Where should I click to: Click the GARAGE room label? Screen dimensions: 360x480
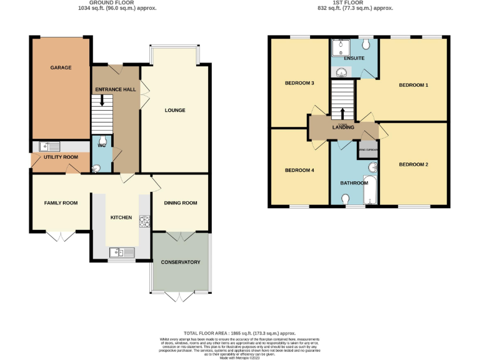pos(61,67)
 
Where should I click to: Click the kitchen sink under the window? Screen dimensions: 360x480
pos(121,252)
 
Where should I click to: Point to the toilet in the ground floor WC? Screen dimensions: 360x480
pos(96,167)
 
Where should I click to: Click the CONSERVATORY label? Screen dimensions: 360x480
pos(180,262)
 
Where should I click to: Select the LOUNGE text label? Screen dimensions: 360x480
pos(175,111)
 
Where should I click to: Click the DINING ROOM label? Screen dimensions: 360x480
pos(180,202)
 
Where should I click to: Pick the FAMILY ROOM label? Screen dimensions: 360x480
pos(61,202)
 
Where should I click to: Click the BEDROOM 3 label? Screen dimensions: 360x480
pos(299,83)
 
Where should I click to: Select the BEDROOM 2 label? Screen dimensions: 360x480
pos(414,164)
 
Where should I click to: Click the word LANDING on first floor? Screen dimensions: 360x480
pos(344,127)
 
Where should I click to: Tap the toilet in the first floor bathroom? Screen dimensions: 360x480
pos(346,199)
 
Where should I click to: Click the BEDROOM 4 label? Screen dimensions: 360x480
pos(299,170)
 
